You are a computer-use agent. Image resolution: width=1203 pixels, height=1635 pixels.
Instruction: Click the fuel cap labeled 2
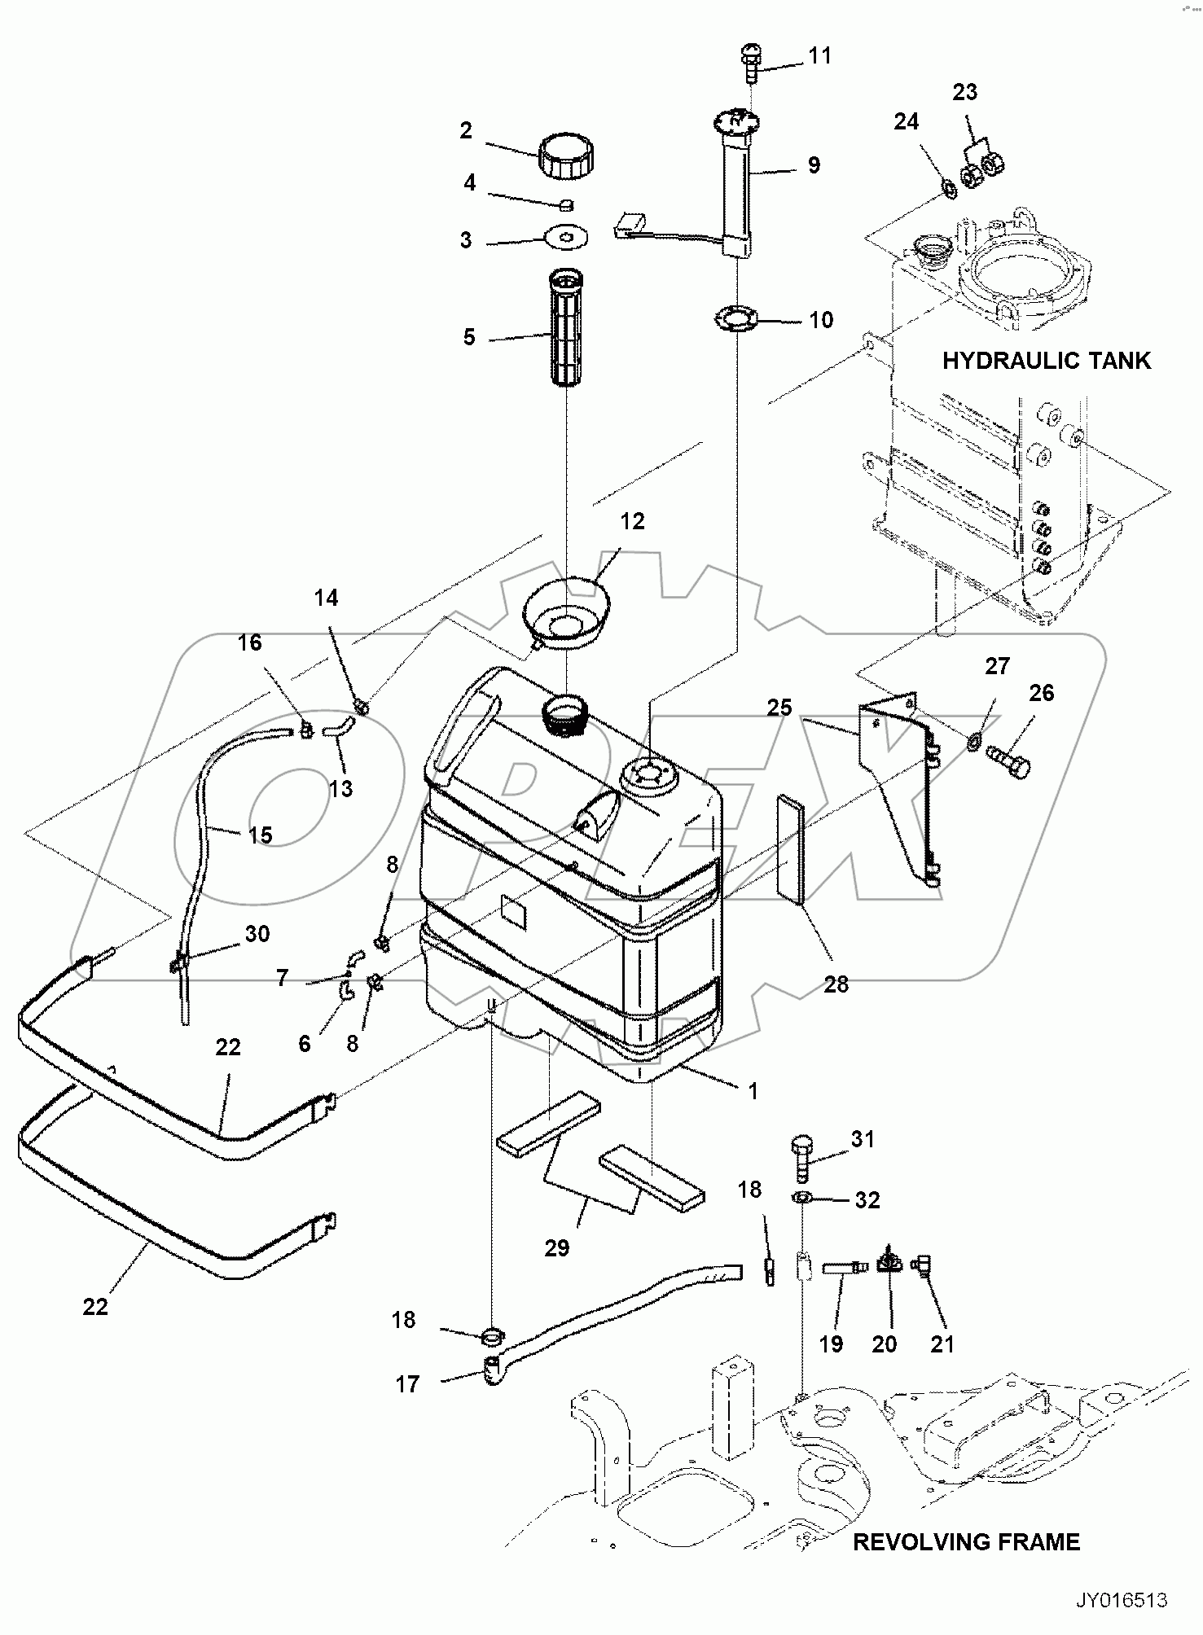pyautogui.click(x=564, y=158)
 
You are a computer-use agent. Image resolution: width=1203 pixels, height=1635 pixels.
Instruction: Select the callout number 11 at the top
pyautogui.click(x=819, y=55)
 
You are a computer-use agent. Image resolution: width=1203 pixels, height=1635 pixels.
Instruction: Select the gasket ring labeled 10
pyautogui.click(x=735, y=318)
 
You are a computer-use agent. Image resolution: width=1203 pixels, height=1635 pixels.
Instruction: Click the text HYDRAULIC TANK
pyautogui.click(x=1046, y=360)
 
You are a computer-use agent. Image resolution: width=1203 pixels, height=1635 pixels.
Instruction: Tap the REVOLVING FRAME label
pyautogui.click(x=966, y=1541)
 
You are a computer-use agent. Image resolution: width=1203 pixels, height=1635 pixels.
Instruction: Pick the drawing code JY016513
pyautogui.click(x=1122, y=1600)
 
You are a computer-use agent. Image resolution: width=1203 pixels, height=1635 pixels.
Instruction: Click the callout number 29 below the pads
pyautogui.click(x=557, y=1247)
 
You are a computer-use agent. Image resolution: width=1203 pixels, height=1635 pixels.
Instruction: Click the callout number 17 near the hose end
pyautogui.click(x=407, y=1384)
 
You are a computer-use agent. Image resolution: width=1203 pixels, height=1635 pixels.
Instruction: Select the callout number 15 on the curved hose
pyautogui.click(x=261, y=835)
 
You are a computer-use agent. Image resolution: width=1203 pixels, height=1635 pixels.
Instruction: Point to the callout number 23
pyautogui.click(x=964, y=92)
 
